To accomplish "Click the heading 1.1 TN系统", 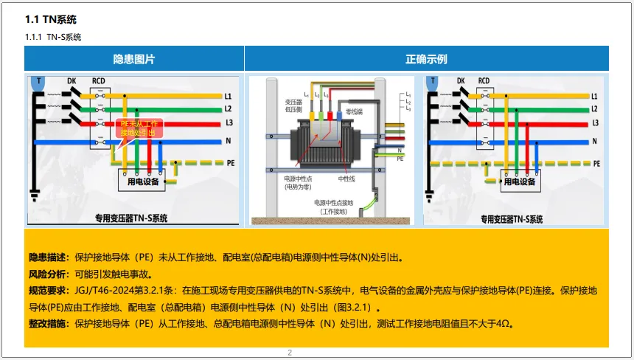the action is coord(51,19).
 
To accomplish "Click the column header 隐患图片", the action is coord(134,59).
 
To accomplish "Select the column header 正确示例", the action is coord(426,59).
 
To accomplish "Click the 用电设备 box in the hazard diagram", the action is coord(146,180).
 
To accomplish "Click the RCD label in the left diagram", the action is coord(98,81).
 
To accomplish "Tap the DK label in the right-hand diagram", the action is coord(461,81).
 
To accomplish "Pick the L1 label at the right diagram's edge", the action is coord(594,97).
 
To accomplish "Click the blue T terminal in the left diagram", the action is coord(38,82).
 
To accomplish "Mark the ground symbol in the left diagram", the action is coord(34,195).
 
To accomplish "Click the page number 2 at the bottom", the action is coord(290,353).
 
